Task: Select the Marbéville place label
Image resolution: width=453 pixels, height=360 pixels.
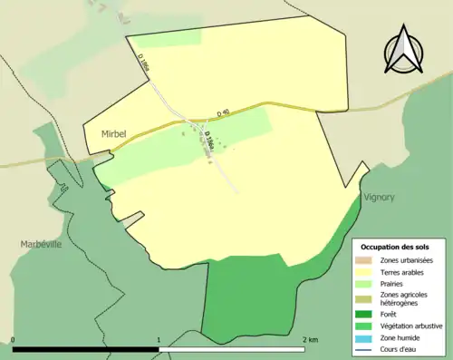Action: [41, 244]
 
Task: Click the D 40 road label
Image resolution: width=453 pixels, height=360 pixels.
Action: [224, 113]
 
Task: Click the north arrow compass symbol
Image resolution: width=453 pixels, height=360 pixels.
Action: [404, 50]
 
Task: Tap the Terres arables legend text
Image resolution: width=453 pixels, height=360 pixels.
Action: [406, 271]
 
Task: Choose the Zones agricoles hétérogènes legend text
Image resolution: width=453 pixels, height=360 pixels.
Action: [406, 300]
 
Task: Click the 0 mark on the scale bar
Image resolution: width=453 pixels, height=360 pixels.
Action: [14, 340]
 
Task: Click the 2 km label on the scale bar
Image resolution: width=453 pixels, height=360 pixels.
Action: [311, 340]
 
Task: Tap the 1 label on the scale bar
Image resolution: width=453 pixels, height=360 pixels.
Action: [159, 340]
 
